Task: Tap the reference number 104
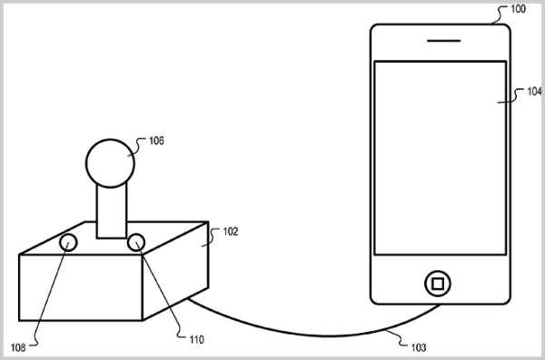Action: pyautogui.click(x=531, y=92)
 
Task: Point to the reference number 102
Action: pyautogui.click(x=230, y=232)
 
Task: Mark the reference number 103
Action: pyautogui.click(x=417, y=346)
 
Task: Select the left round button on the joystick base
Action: pyautogui.click(x=69, y=243)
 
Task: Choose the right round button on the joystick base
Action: pyautogui.click(x=137, y=242)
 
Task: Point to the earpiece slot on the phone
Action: pyautogui.click(x=439, y=41)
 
